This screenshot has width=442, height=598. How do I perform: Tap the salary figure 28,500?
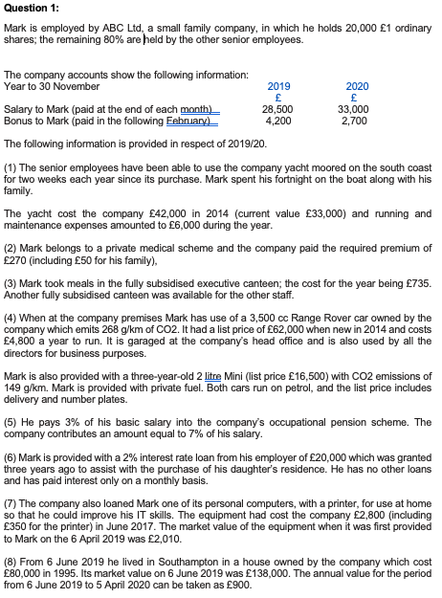point(276,111)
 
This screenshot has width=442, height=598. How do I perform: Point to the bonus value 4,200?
point(278,122)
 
